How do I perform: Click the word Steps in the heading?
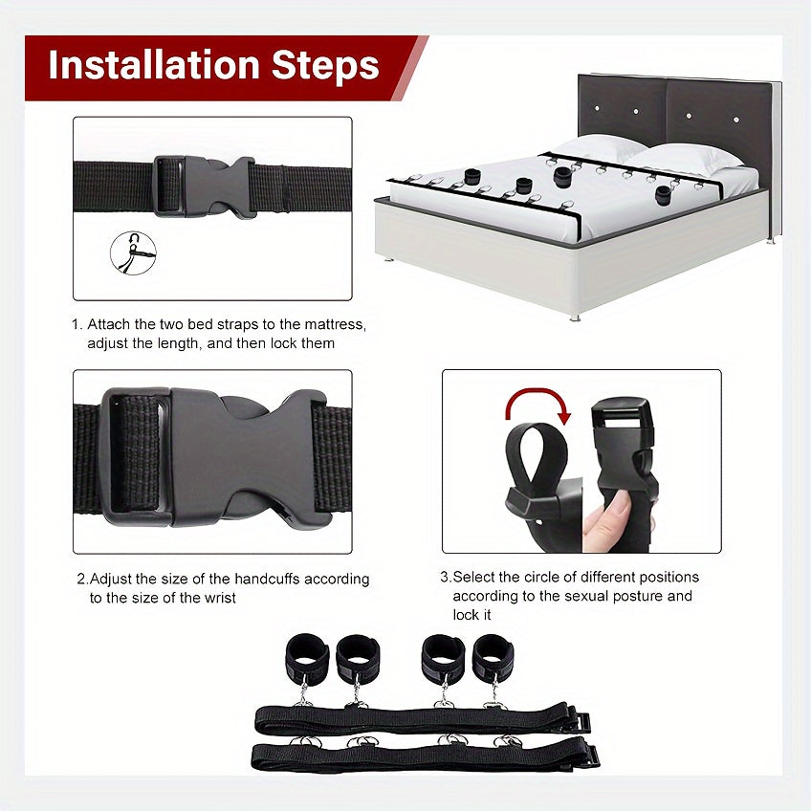325,66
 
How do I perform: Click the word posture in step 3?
628,596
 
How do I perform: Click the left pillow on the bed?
600,148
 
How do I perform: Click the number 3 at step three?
445,578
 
